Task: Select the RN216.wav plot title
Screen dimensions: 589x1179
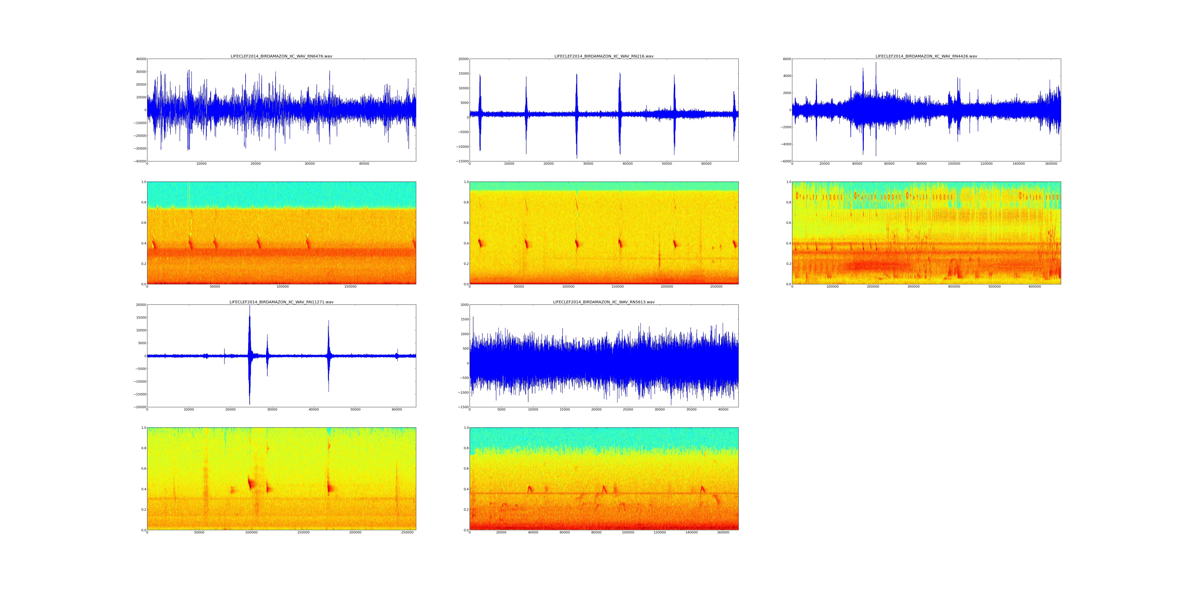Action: pos(604,56)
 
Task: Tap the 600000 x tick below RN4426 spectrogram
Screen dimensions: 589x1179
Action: pos(1035,287)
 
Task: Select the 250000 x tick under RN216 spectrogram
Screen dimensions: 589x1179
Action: pos(716,287)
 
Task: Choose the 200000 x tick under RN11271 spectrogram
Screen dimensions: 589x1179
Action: pos(355,532)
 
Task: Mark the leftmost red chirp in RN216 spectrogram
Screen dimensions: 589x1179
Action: pos(480,242)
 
